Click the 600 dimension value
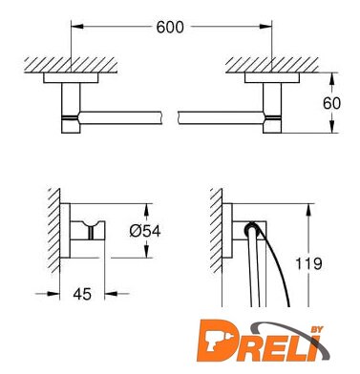point(170,28)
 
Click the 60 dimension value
point(331,103)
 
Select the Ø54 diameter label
point(145,231)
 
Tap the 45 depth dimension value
point(82,294)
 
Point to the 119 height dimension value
point(308,263)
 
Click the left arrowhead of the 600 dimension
point(77,26)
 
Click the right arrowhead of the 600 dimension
point(265,26)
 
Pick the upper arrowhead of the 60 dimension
point(331,79)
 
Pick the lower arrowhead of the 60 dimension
point(331,126)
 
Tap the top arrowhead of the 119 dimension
point(308,210)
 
